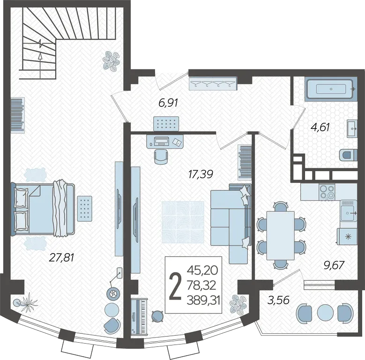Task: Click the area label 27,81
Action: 62,258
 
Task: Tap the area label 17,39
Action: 201,174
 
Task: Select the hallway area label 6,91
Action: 168,103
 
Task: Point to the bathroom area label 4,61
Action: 320,127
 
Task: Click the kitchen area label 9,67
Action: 334,265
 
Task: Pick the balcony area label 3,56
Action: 278,300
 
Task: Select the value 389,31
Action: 203,301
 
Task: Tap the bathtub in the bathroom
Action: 330,89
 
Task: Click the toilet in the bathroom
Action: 348,155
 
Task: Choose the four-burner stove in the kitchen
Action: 327,192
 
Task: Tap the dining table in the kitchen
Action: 281,235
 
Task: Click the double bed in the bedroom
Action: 43,209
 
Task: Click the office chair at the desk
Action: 161,157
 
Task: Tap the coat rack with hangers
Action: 213,84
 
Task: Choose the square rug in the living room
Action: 183,222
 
